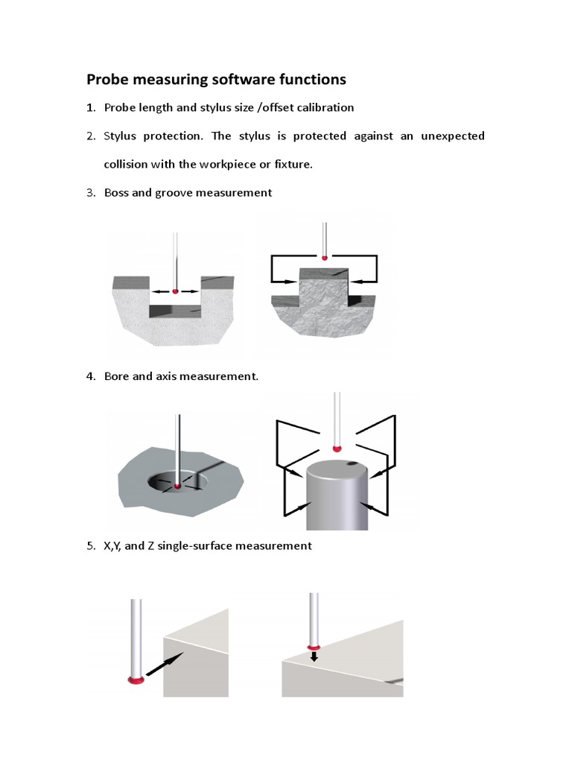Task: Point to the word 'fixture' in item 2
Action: click(x=292, y=164)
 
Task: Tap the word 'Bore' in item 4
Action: click(x=116, y=376)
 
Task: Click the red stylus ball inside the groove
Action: click(x=175, y=291)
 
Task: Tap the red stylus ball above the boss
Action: click(x=324, y=257)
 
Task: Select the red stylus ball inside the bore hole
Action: click(x=177, y=486)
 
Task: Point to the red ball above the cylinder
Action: click(x=337, y=448)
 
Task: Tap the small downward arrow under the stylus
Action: click(x=314, y=656)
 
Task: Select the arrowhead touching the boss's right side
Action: click(x=355, y=281)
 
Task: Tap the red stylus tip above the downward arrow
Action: click(x=314, y=647)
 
